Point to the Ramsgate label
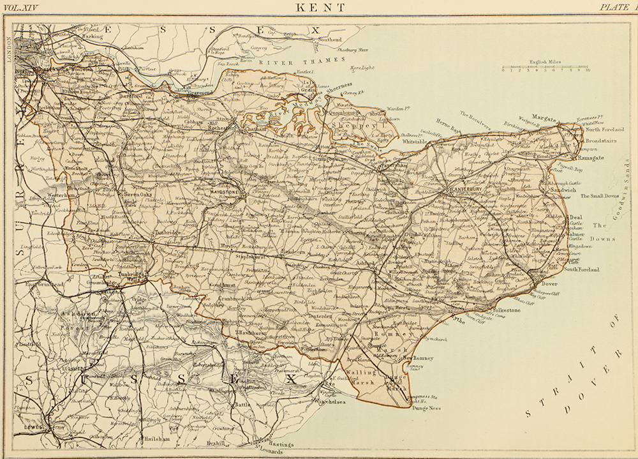[593, 156]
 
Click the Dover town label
[551, 283]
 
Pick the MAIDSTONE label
[228, 192]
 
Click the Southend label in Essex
[329, 40]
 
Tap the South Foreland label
[581, 269]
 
